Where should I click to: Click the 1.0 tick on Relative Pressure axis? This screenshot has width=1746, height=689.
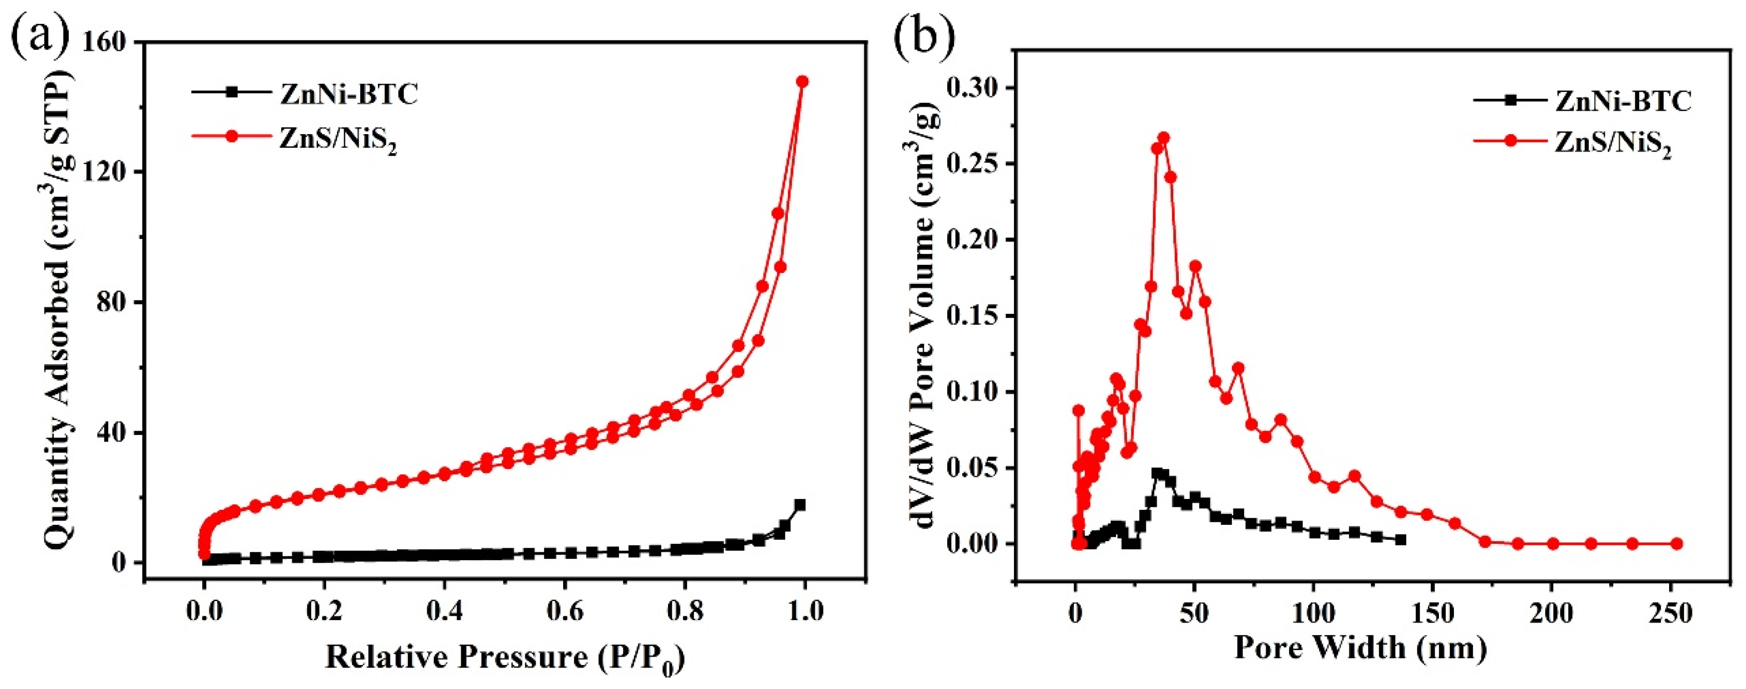(803, 611)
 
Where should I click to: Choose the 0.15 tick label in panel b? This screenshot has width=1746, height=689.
(973, 316)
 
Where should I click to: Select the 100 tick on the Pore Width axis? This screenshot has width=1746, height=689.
(1313, 614)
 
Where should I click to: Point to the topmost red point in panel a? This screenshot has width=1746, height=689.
(802, 82)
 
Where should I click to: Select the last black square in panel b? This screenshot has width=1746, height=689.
(1400, 540)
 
